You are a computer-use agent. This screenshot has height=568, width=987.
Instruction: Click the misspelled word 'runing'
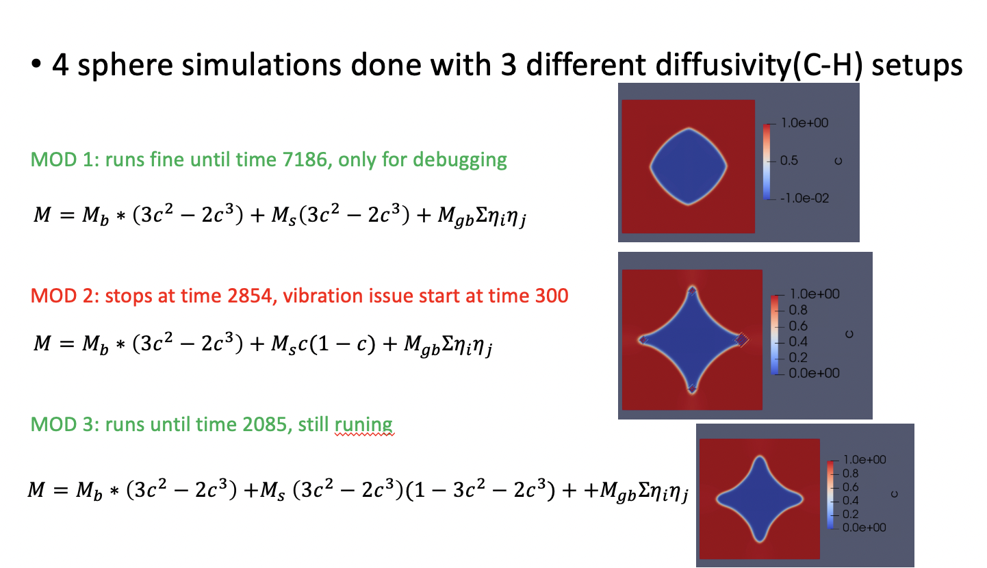click(x=363, y=424)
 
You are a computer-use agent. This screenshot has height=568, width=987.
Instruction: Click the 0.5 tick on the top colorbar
click(x=789, y=161)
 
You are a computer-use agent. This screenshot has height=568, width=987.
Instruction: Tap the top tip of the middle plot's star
click(x=692, y=291)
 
